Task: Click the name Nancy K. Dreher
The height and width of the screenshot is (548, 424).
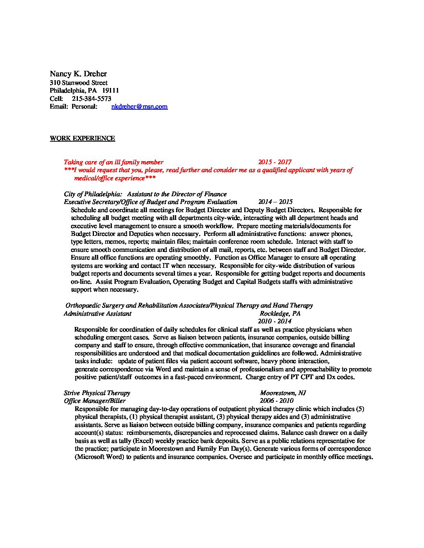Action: click(x=78, y=74)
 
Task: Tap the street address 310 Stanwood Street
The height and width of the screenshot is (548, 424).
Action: click(x=79, y=83)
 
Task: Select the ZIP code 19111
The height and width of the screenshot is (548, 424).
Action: click(x=111, y=91)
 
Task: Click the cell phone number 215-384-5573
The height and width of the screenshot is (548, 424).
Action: click(x=92, y=98)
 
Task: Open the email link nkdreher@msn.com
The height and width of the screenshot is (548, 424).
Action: click(x=140, y=106)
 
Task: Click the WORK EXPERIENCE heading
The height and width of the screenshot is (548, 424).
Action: click(x=82, y=138)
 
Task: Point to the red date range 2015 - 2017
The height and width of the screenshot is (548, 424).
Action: click(x=275, y=162)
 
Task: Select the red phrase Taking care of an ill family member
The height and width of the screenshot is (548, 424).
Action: click(x=113, y=162)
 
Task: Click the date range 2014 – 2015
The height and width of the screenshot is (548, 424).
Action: click(x=275, y=202)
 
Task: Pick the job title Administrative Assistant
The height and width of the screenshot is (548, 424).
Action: click(x=97, y=313)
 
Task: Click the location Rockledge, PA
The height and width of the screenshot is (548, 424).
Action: click(x=280, y=313)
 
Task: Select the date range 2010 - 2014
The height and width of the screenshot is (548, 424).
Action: click(x=275, y=321)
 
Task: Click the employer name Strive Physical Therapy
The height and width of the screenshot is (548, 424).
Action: click(x=97, y=393)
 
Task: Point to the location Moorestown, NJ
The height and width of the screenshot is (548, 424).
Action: click(x=283, y=393)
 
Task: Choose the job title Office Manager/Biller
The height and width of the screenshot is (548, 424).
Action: click(x=95, y=400)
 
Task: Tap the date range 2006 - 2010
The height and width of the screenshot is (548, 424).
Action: click(x=277, y=400)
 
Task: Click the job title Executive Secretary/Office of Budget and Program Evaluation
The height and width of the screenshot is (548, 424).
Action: click(x=150, y=202)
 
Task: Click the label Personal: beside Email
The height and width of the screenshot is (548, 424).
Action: click(x=84, y=106)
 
